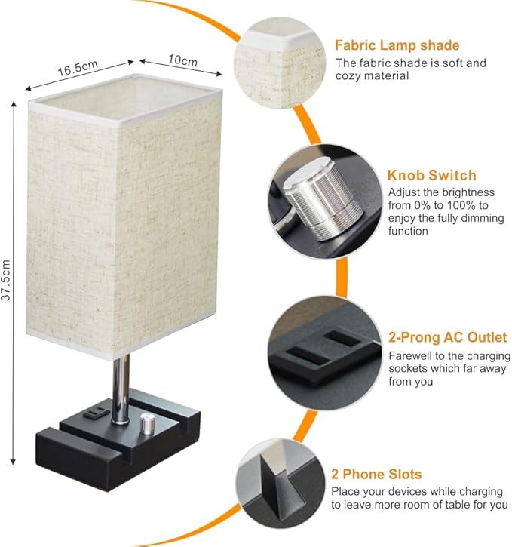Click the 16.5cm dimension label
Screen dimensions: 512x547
coord(78,68)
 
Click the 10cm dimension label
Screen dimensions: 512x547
coord(182,60)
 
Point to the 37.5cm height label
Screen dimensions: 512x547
coord(6,280)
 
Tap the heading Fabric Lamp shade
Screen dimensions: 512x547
coord(397,45)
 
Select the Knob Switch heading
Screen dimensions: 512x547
coord(432,175)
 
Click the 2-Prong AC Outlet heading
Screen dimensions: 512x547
coord(447,337)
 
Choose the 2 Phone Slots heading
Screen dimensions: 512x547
coord(376,474)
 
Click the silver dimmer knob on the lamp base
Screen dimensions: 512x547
coord(148,424)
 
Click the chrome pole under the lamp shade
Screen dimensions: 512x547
coord(121,389)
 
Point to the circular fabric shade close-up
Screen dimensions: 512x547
coord(280,63)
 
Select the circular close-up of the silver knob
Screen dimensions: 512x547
coord(325,201)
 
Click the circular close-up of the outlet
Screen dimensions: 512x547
coord(325,352)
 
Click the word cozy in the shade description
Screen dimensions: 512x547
coord(348,75)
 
